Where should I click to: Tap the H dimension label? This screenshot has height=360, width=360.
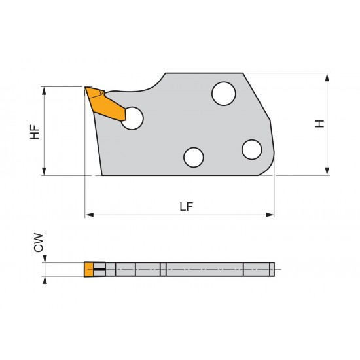click(319, 124)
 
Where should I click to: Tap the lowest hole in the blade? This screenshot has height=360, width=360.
click(193, 158)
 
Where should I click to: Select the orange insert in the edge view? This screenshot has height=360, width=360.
click(88, 269)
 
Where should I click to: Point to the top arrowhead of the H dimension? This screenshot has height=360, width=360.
click(327, 77)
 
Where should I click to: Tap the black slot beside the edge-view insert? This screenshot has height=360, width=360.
click(99, 269)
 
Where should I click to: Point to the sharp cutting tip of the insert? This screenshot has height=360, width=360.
click(86, 88)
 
